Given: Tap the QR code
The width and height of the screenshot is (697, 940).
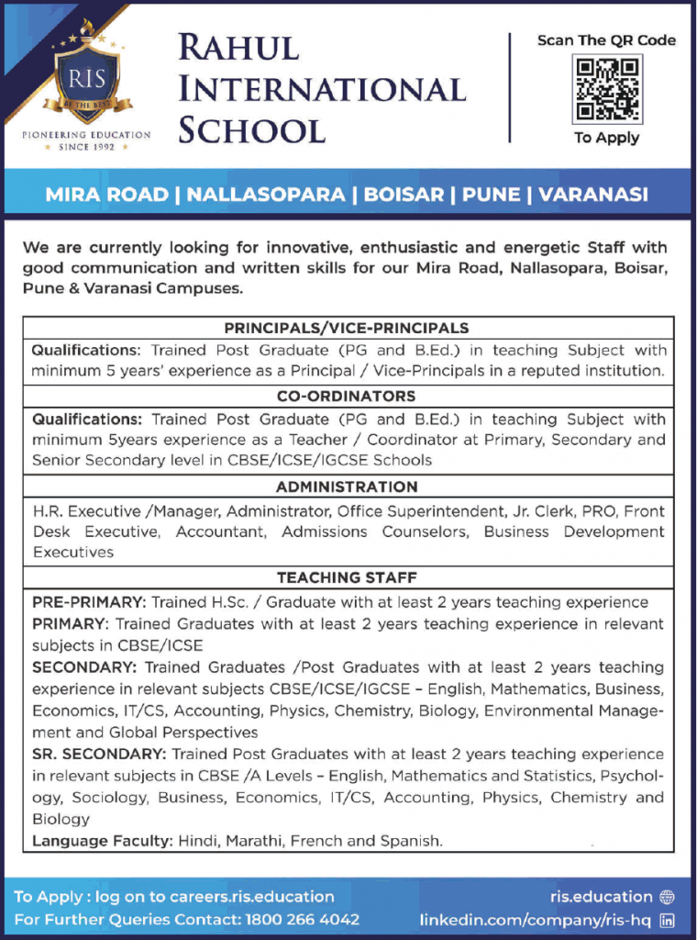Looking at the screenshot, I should (x=607, y=89).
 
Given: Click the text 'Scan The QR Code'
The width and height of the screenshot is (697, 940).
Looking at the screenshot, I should (x=606, y=40).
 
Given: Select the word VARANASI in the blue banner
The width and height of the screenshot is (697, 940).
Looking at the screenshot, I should (x=593, y=195).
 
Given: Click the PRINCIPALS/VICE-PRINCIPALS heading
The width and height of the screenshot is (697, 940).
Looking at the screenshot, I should (x=347, y=328).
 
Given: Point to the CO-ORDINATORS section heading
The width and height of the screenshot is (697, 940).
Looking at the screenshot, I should (x=347, y=397).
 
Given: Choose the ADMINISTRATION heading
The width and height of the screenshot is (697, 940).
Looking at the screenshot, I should (x=347, y=487).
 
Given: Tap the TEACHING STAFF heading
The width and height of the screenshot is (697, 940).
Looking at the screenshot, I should (x=347, y=577).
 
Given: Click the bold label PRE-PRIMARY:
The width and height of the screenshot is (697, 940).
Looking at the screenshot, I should (x=88, y=603).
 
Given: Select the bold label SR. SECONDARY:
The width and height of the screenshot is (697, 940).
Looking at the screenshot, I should (x=98, y=755).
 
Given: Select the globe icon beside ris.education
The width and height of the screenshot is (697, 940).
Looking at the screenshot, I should (x=667, y=897).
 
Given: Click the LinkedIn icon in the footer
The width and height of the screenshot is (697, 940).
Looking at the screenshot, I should (x=667, y=919).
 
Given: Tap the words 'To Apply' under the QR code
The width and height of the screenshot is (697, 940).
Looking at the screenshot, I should (x=606, y=138).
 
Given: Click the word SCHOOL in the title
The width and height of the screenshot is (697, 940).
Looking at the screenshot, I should (x=251, y=129).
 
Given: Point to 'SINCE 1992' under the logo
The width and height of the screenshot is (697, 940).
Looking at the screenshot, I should (x=87, y=147).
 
